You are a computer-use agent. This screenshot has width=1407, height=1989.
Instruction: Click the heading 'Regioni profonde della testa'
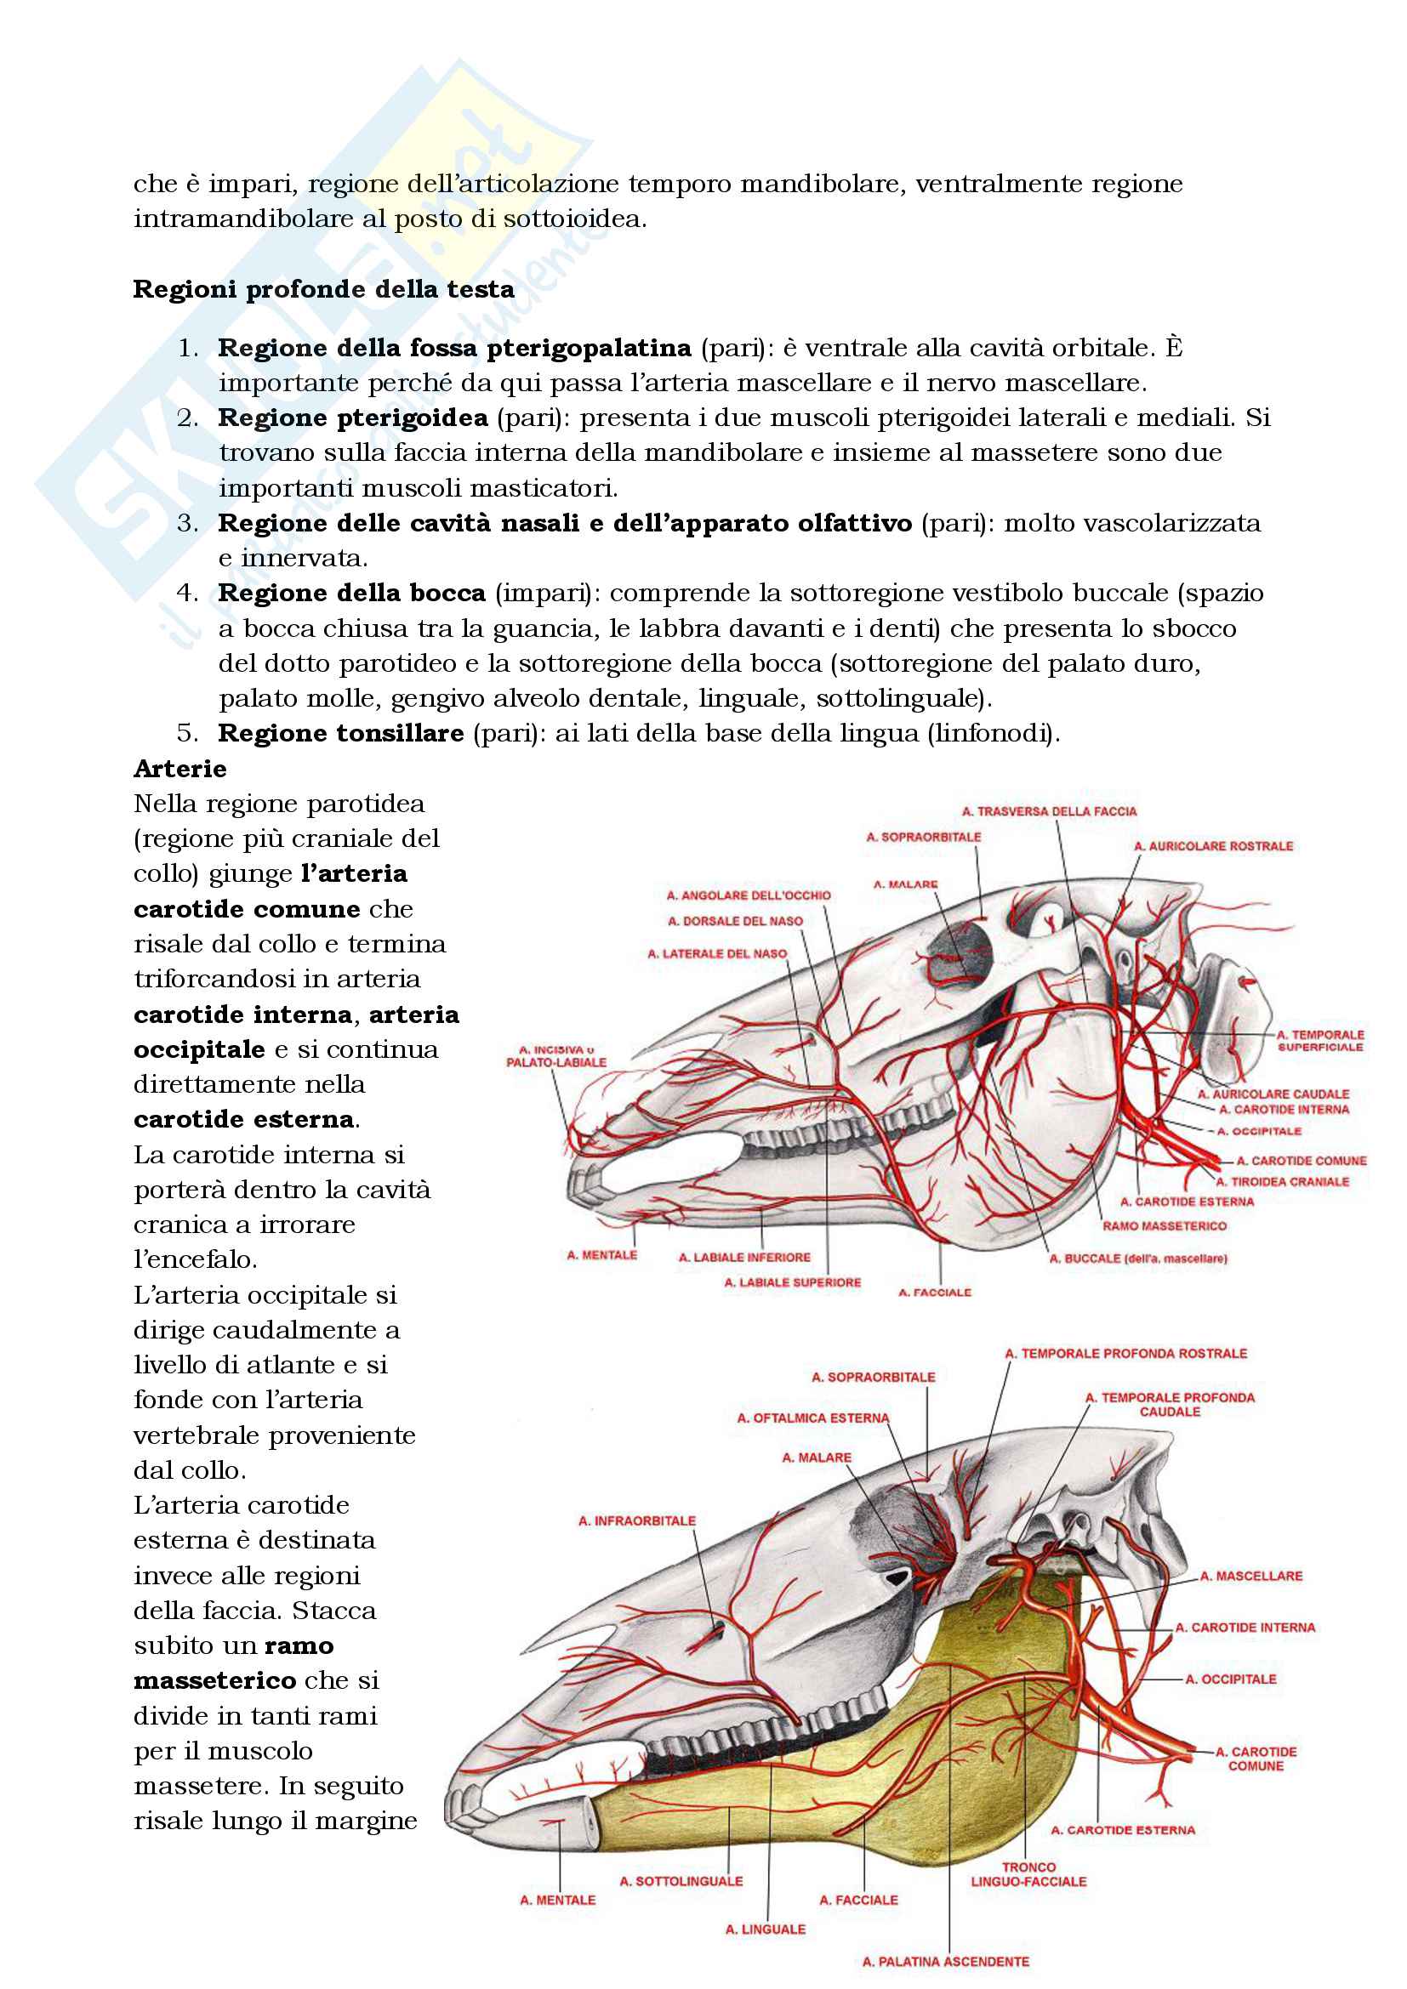point(323,289)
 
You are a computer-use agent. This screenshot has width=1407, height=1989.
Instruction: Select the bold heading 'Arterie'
point(180,769)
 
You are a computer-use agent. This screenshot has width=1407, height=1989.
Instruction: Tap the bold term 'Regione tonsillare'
point(340,733)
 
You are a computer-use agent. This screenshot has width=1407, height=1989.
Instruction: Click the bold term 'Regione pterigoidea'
point(353,418)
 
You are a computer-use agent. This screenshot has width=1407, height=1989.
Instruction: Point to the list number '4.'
point(188,593)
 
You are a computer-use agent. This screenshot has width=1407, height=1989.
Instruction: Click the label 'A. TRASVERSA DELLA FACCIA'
point(1049,812)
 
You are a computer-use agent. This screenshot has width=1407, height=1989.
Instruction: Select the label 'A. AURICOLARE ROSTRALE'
point(1213,845)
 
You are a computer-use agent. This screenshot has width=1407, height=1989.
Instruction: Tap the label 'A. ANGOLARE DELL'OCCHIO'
point(749,895)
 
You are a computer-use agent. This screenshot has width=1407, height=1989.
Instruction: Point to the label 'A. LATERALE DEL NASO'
point(717,954)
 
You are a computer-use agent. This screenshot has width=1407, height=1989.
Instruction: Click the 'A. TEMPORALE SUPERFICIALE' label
point(1320,1040)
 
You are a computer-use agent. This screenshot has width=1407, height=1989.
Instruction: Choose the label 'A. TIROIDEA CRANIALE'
point(1282,1182)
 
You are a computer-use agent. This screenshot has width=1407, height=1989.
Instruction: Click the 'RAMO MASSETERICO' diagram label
point(1165,1226)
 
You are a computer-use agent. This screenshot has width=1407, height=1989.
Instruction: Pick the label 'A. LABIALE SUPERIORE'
point(793,1282)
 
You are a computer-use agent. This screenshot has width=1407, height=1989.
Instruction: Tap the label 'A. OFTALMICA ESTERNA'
point(812,1418)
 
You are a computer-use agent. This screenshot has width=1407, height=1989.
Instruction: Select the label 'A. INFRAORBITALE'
point(637,1520)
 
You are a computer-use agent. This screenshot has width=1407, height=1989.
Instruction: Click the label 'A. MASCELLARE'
point(1251,1576)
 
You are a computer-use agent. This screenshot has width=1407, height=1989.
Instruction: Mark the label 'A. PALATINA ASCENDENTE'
point(946,1961)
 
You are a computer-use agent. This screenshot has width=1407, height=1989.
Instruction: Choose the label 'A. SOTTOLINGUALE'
point(681,1881)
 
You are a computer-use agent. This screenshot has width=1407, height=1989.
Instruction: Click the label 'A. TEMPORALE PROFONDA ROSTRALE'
point(1125,1353)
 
